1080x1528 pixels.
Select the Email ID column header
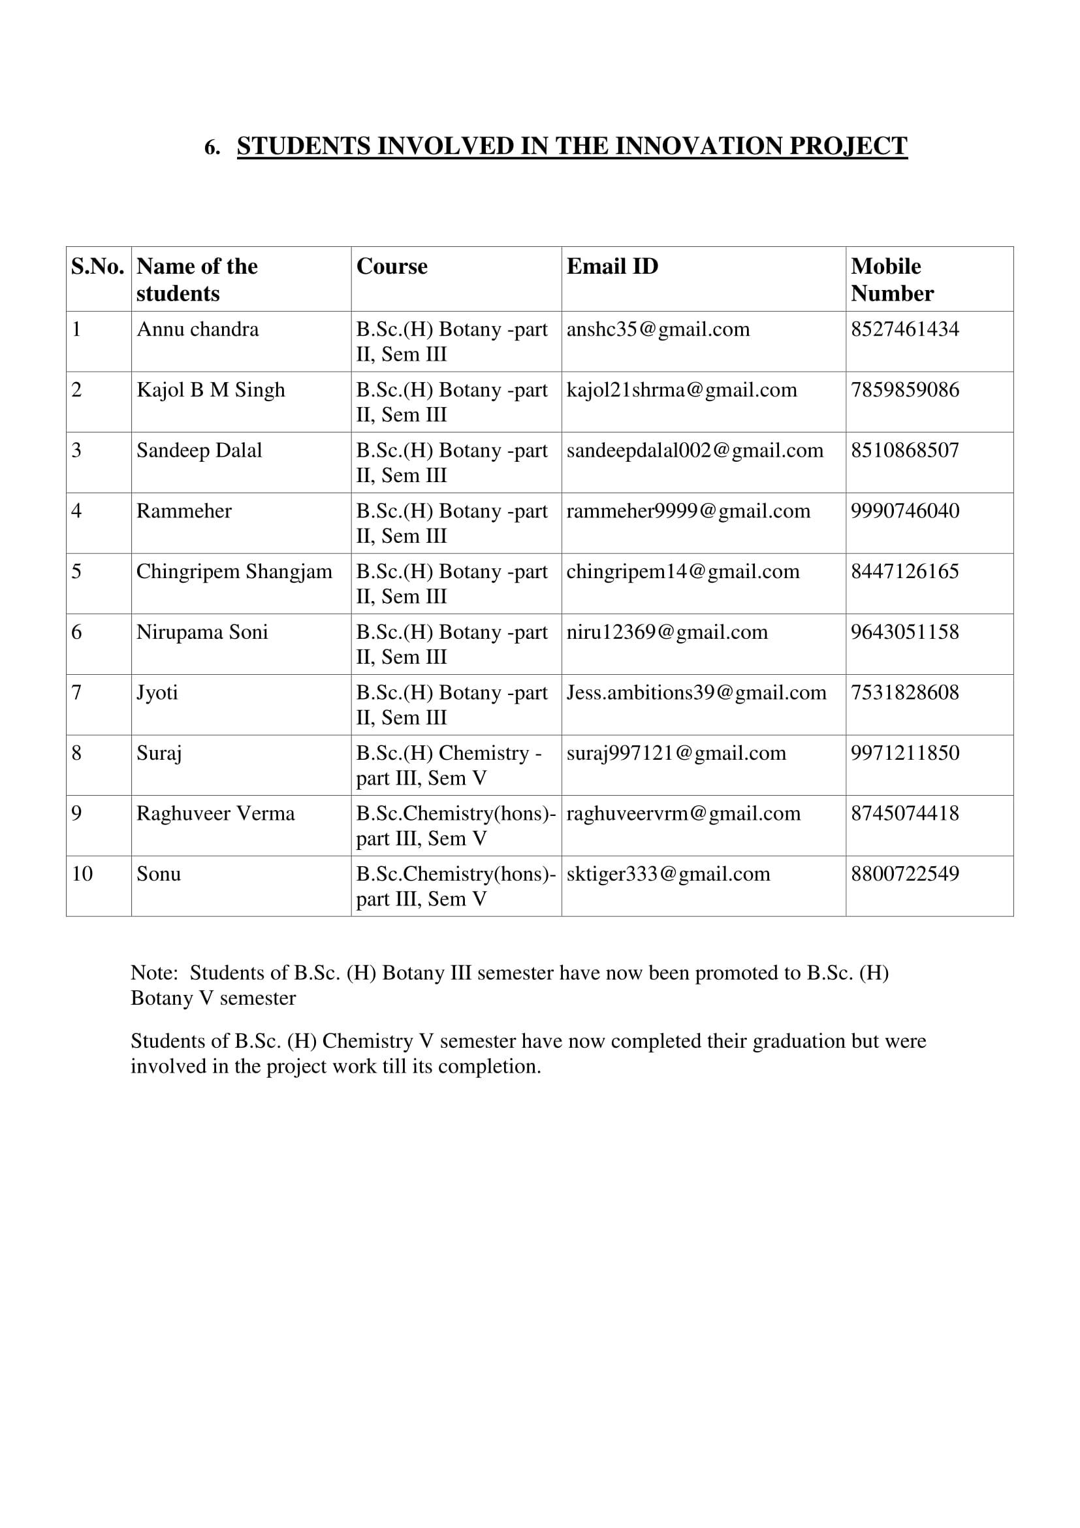(x=612, y=266)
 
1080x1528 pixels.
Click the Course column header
(x=392, y=266)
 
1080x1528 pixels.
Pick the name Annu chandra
(x=197, y=329)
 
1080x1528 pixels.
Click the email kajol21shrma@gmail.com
(x=681, y=390)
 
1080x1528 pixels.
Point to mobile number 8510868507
(x=904, y=451)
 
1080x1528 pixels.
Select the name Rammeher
(x=183, y=511)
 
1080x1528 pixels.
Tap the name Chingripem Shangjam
(x=234, y=572)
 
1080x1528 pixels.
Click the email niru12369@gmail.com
(x=667, y=632)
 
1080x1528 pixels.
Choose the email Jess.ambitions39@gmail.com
(x=695, y=692)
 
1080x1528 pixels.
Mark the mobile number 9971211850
(x=904, y=753)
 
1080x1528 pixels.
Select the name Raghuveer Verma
(x=215, y=814)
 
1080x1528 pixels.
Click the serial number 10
(x=82, y=874)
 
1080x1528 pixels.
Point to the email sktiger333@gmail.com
(x=668, y=874)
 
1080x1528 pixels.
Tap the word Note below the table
(x=153, y=973)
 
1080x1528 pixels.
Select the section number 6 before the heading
(x=211, y=148)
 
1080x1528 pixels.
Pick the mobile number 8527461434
(x=904, y=329)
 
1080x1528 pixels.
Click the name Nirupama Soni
(x=202, y=632)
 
